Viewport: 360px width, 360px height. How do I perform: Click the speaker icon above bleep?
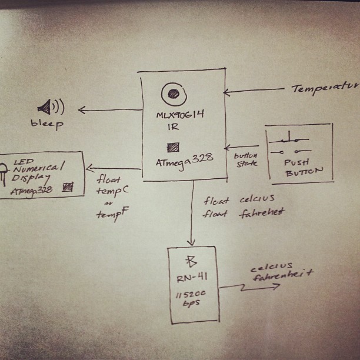[51, 107]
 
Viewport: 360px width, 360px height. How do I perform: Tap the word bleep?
[47, 124]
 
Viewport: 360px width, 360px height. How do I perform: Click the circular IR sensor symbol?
[174, 92]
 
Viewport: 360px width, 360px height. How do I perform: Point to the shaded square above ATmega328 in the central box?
[173, 147]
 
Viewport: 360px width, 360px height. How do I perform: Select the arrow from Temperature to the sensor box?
[253, 91]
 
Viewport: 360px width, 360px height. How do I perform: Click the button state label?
[246, 159]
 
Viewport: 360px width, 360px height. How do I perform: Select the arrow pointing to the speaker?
[109, 109]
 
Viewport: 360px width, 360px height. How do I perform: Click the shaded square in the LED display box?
[68, 187]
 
